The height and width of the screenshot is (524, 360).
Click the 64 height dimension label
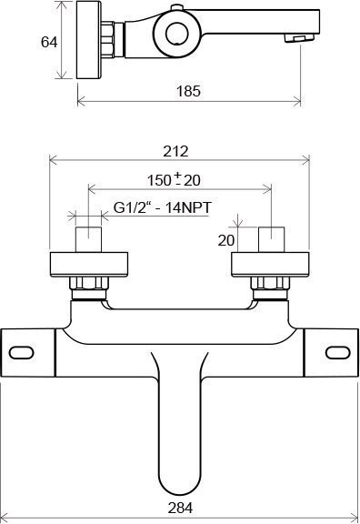(x=49, y=43)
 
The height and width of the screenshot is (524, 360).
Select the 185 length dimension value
(x=188, y=91)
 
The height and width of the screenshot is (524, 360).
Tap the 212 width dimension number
(x=175, y=151)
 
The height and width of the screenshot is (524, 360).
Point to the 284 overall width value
(x=180, y=508)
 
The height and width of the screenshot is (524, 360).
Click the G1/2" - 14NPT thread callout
(x=163, y=207)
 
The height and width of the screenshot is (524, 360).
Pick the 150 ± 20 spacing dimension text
(x=174, y=179)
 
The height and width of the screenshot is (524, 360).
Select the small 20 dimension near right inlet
(x=226, y=240)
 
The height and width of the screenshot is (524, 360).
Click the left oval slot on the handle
(x=22, y=353)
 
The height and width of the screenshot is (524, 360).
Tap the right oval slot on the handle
(x=338, y=353)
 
